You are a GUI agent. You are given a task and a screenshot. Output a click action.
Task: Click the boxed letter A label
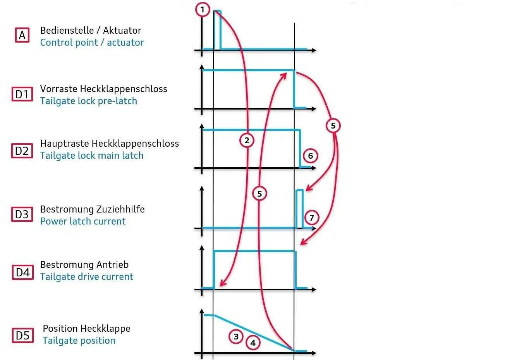[x=22, y=35]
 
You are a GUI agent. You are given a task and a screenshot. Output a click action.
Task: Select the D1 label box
[x=22, y=94]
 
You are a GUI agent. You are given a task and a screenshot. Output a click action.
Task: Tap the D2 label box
[x=22, y=151]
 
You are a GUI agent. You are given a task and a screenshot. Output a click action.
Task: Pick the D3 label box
[x=22, y=214]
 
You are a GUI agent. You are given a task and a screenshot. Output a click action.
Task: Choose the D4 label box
[x=23, y=272]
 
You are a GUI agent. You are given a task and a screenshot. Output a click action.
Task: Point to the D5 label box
[x=23, y=335]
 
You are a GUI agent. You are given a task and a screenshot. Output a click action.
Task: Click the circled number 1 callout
[x=203, y=10]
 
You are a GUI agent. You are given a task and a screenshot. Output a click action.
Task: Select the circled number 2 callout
[x=247, y=141]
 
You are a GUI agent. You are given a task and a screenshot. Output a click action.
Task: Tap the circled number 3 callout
[x=236, y=336]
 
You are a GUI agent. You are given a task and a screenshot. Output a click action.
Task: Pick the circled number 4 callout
[x=253, y=343]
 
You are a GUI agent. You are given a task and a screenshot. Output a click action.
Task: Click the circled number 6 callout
[x=310, y=156]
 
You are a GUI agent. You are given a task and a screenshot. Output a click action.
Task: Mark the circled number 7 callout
[x=311, y=218]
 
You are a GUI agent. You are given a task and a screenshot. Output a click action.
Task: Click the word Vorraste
[x=59, y=89]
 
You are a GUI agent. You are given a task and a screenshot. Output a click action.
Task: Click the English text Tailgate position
[x=79, y=341]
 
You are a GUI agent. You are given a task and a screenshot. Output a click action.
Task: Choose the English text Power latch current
[x=83, y=221]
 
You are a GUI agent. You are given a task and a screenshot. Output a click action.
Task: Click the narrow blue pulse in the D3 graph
[x=299, y=209]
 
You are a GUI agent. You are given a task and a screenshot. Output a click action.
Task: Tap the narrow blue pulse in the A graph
[x=217, y=30]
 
